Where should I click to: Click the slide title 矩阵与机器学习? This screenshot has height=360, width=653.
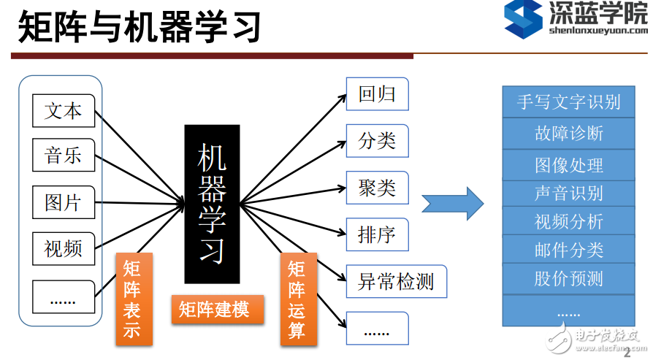click(139, 27)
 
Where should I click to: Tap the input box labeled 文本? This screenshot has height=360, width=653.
click(64, 111)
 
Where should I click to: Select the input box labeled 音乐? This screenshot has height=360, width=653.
click(64, 156)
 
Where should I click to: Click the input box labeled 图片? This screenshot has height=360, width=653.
click(64, 202)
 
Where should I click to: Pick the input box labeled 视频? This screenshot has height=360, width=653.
click(64, 248)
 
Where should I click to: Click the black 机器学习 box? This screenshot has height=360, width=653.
click(212, 204)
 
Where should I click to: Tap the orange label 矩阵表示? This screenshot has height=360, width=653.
click(134, 299)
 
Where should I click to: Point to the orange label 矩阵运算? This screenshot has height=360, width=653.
click(298, 299)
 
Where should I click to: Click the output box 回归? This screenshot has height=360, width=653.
click(377, 95)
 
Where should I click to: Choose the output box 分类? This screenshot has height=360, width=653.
click(377, 141)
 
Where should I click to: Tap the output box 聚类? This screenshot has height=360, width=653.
click(377, 188)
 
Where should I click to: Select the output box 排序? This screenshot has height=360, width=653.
click(377, 234)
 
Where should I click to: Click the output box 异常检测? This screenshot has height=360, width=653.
click(395, 281)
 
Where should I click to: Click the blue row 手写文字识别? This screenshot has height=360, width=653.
click(568, 102)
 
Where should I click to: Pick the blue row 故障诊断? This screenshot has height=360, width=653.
click(568, 134)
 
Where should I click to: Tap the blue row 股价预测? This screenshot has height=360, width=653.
click(568, 278)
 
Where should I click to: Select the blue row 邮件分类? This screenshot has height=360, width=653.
click(568, 250)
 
